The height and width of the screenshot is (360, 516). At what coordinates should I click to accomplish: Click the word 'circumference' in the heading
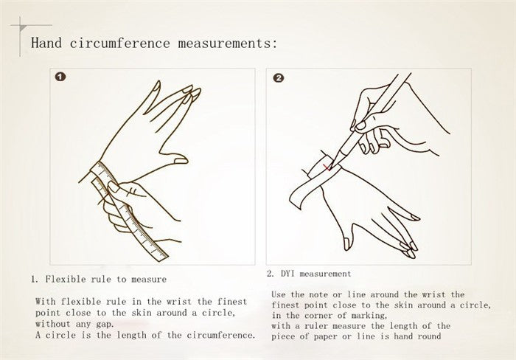coord(119,43)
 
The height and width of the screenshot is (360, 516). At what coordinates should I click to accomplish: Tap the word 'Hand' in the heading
coord(46,43)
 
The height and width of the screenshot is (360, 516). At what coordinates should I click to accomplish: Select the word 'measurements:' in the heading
coord(228,43)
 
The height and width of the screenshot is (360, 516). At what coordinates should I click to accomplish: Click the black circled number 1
coord(60,77)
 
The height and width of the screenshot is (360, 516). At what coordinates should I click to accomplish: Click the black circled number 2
coord(278,78)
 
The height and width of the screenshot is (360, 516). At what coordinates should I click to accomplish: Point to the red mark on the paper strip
coord(327,168)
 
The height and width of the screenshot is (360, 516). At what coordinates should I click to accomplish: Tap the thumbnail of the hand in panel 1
coord(181,161)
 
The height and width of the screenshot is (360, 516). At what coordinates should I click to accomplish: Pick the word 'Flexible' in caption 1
coord(66,280)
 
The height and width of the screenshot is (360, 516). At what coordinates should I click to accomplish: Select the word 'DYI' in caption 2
coord(287,274)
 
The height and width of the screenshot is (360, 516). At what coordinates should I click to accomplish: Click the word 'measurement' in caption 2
coord(325,274)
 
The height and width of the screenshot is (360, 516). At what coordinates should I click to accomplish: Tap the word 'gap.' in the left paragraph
coord(105,324)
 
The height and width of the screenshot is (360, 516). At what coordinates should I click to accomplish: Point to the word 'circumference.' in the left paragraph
coord(221,336)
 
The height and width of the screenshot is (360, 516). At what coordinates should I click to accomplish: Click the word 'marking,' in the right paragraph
coord(369,316)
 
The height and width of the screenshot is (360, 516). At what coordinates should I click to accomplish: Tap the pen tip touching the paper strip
coord(331,166)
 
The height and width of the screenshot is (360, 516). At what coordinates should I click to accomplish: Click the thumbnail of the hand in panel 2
coord(346,244)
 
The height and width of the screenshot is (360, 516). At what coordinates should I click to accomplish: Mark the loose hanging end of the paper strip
coord(296,200)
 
